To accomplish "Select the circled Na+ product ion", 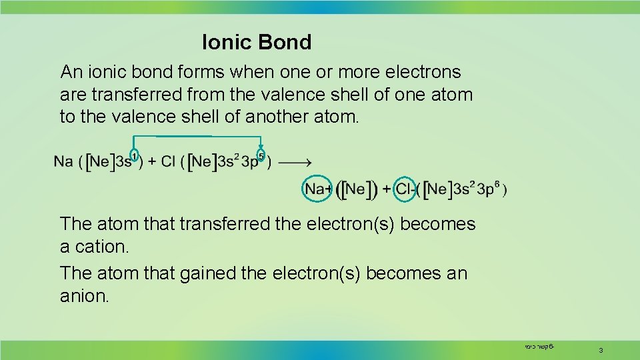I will (x=318, y=189).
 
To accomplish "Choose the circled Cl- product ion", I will (x=405, y=189).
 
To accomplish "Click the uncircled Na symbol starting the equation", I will (x=63, y=162).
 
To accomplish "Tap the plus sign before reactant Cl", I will (x=152, y=162).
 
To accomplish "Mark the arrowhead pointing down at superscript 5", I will (x=261, y=148).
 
